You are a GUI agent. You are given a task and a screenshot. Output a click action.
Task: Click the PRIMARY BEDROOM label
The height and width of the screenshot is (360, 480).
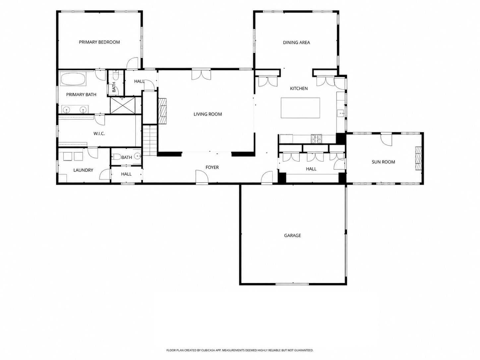(99, 42)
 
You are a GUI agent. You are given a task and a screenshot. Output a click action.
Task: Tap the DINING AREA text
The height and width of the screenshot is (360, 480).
(296, 43)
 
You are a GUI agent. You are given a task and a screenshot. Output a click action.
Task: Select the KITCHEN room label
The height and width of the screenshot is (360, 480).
(299, 89)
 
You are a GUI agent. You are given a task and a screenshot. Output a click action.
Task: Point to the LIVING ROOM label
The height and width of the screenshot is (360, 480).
(208, 114)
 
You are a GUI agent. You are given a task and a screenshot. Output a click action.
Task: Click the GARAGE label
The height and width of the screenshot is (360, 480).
(292, 235)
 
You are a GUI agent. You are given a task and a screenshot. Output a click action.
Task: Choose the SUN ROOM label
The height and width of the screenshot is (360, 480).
(383, 162)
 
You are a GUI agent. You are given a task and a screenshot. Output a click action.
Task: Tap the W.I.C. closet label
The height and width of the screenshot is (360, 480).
(99, 134)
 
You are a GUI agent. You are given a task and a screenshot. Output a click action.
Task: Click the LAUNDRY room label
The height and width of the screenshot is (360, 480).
(83, 170)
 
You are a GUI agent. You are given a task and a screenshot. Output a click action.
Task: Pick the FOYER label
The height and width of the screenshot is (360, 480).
(212, 167)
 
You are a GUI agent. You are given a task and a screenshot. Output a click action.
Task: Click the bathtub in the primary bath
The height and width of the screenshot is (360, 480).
(73, 79)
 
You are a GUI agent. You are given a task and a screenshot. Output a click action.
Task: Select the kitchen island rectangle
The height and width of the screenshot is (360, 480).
(300, 108)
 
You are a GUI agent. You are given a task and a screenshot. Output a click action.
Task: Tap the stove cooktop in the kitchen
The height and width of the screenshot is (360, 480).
(316, 139)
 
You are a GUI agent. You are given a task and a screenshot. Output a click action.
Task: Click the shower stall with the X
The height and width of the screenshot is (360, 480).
(122, 105)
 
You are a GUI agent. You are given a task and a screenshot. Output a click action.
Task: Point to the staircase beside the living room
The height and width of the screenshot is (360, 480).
(150, 140)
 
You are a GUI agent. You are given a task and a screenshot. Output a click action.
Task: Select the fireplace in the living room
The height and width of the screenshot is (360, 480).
(162, 111)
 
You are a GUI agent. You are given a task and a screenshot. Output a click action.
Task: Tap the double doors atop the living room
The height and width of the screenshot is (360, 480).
(201, 75)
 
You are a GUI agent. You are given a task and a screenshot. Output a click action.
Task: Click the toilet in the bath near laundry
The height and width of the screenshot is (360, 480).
(116, 157)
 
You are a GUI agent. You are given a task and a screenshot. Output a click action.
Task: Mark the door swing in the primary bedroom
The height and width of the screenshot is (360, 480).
(133, 63)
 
